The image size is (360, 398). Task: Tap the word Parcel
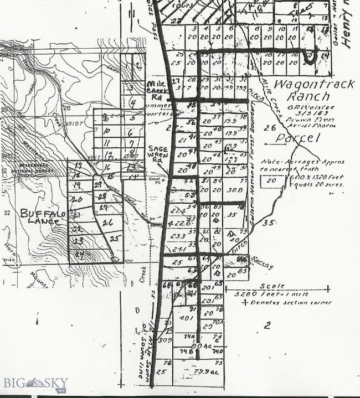299,138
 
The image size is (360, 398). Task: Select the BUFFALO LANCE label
43,217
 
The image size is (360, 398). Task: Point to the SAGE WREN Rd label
157,153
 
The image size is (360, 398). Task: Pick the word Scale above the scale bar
274,286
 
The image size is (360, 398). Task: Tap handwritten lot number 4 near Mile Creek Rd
132,102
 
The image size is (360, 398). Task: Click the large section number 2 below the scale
267,326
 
